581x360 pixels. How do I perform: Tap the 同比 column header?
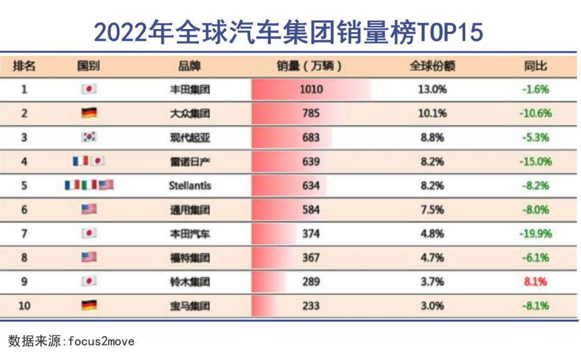(x=535, y=66)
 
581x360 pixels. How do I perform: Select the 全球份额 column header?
(x=432, y=66)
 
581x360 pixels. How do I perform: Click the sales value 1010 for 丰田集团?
(x=311, y=89)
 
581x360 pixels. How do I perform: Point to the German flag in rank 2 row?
(x=89, y=113)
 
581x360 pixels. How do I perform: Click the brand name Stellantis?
(x=190, y=186)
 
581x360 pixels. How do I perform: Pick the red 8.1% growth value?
(x=535, y=281)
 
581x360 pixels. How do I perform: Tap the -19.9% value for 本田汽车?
(x=535, y=234)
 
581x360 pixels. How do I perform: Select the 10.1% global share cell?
(x=432, y=113)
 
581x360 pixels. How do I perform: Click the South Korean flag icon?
(x=89, y=137)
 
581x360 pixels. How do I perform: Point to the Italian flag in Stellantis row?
(x=89, y=185)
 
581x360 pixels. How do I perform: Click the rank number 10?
(x=24, y=306)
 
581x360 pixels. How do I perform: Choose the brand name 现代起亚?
(x=190, y=137)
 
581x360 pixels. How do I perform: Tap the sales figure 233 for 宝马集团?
(x=310, y=306)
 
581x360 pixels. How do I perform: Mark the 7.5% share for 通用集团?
(x=432, y=209)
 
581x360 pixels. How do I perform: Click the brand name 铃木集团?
(x=190, y=281)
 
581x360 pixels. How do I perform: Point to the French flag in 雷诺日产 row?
(x=80, y=161)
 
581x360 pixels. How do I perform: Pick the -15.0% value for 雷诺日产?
(x=535, y=161)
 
